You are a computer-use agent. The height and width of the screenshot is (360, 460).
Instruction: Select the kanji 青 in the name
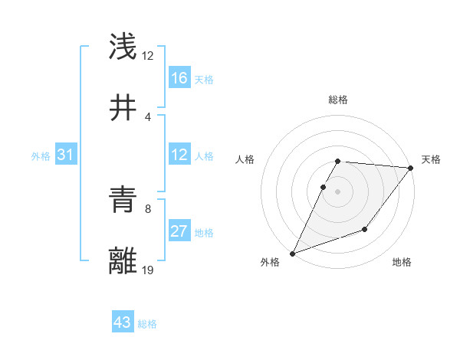pyautogui.click(x=123, y=201)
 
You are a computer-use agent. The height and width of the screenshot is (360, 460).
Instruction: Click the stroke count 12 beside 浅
pyautogui.click(x=148, y=56)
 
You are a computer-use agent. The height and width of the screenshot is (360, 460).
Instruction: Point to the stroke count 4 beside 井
pyautogui.click(x=148, y=116)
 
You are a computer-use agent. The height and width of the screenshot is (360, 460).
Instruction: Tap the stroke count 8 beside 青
pyautogui.click(x=148, y=208)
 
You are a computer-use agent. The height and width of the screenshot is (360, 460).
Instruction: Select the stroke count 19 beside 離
pyautogui.click(x=148, y=270)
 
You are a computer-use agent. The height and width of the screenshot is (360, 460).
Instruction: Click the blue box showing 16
pyautogui.click(x=179, y=78)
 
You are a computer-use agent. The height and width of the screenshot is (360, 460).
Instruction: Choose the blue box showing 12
pyautogui.click(x=179, y=155)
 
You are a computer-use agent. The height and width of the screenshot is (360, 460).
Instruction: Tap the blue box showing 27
pyautogui.click(x=179, y=231)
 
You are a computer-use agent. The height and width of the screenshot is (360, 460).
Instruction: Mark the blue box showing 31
pyautogui.click(x=66, y=155)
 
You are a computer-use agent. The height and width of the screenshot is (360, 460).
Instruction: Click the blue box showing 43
pyautogui.click(x=123, y=322)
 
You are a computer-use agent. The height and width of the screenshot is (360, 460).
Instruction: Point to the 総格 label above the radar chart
pyautogui.click(x=338, y=100)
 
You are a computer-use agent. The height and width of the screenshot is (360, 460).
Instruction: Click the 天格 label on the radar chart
pyautogui.click(x=431, y=159)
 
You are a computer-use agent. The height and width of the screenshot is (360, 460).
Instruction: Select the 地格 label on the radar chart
pyautogui.click(x=402, y=263)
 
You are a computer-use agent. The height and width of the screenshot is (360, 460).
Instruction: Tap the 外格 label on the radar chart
pyautogui.click(x=270, y=263)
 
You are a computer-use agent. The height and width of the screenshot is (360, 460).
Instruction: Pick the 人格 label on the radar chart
pyautogui.click(x=245, y=159)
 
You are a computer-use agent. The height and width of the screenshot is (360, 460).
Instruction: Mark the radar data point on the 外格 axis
pyautogui.click(x=292, y=254)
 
